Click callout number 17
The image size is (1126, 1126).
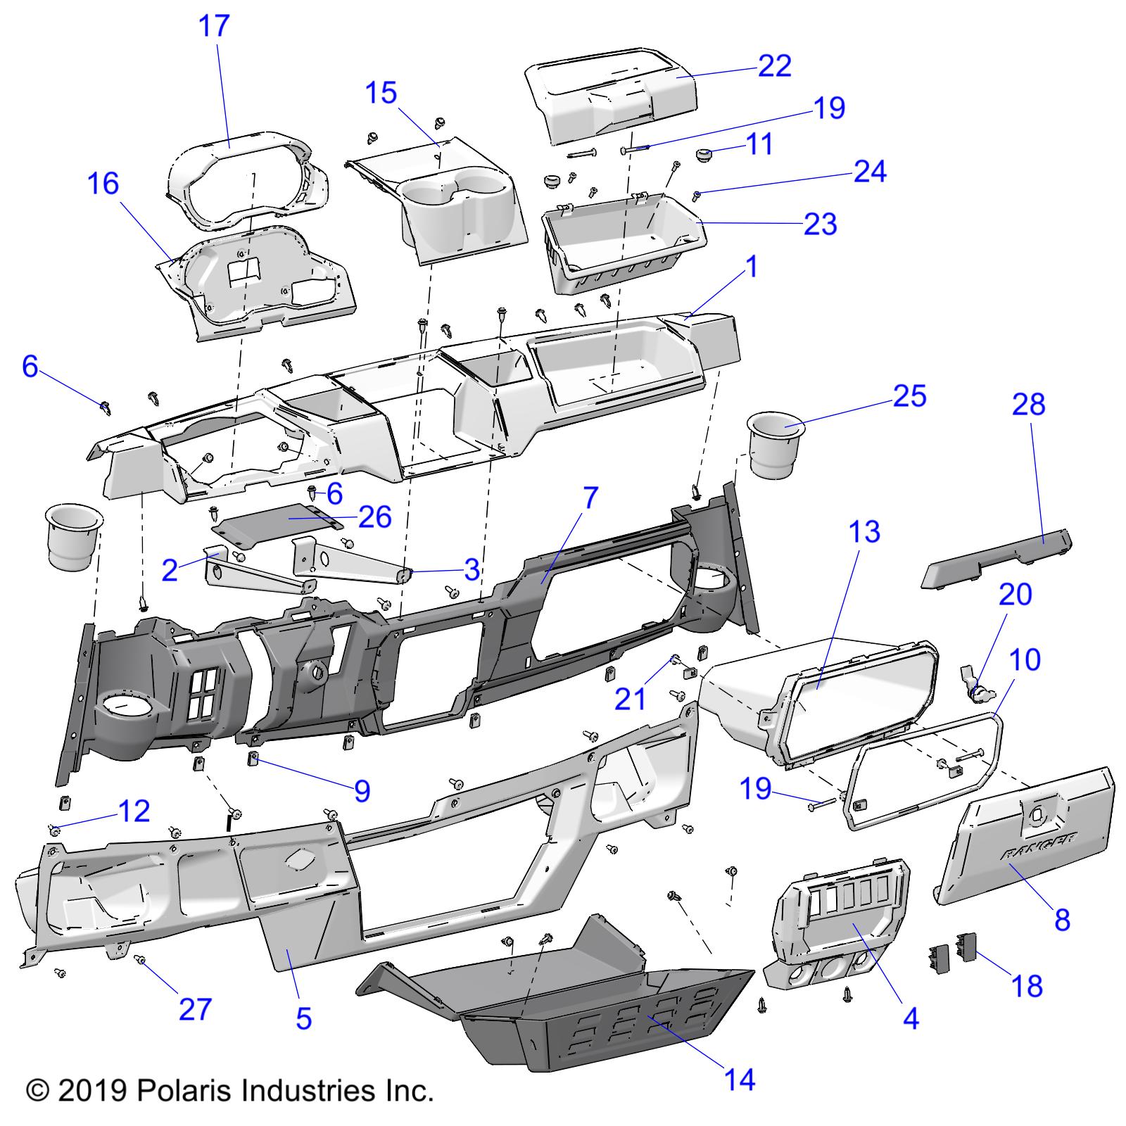point(214,26)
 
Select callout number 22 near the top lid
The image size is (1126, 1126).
point(775,66)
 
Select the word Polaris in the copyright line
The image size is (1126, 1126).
point(182,1091)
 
